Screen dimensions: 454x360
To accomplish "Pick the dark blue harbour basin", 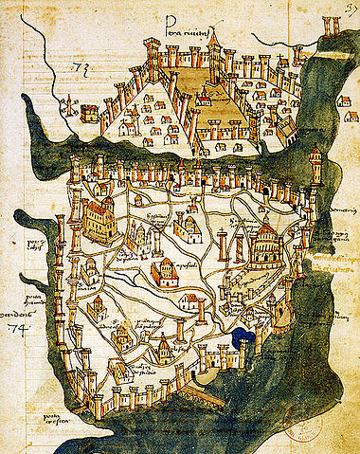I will click(244, 337).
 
